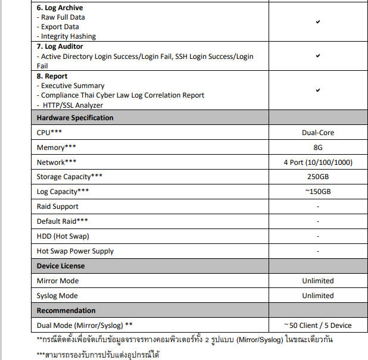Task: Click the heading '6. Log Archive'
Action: [x=60, y=8]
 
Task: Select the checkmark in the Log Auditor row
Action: [x=318, y=56]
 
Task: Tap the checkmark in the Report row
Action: [x=318, y=90]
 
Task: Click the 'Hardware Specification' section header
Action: [x=75, y=118]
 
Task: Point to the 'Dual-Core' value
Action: [x=317, y=133]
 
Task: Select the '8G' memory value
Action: [x=317, y=148]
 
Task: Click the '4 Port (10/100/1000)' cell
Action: [x=317, y=162]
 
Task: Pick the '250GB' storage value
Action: [x=317, y=177]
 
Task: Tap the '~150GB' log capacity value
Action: [x=317, y=192]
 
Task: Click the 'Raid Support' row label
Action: [x=58, y=206]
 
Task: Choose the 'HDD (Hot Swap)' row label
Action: [x=63, y=236]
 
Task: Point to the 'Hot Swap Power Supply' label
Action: [x=75, y=251]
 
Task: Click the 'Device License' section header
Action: [x=61, y=266]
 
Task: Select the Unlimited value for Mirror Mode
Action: [x=317, y=281]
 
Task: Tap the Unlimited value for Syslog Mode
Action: [x=317, y=296]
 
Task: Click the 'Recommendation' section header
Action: [x=66, y=311]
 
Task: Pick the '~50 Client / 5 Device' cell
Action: [x=317, y=325]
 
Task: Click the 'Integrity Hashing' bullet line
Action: [x=68, y=36]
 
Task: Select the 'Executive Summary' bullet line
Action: [x=73, y=86]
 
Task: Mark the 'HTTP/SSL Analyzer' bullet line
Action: [x=73, y=105]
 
